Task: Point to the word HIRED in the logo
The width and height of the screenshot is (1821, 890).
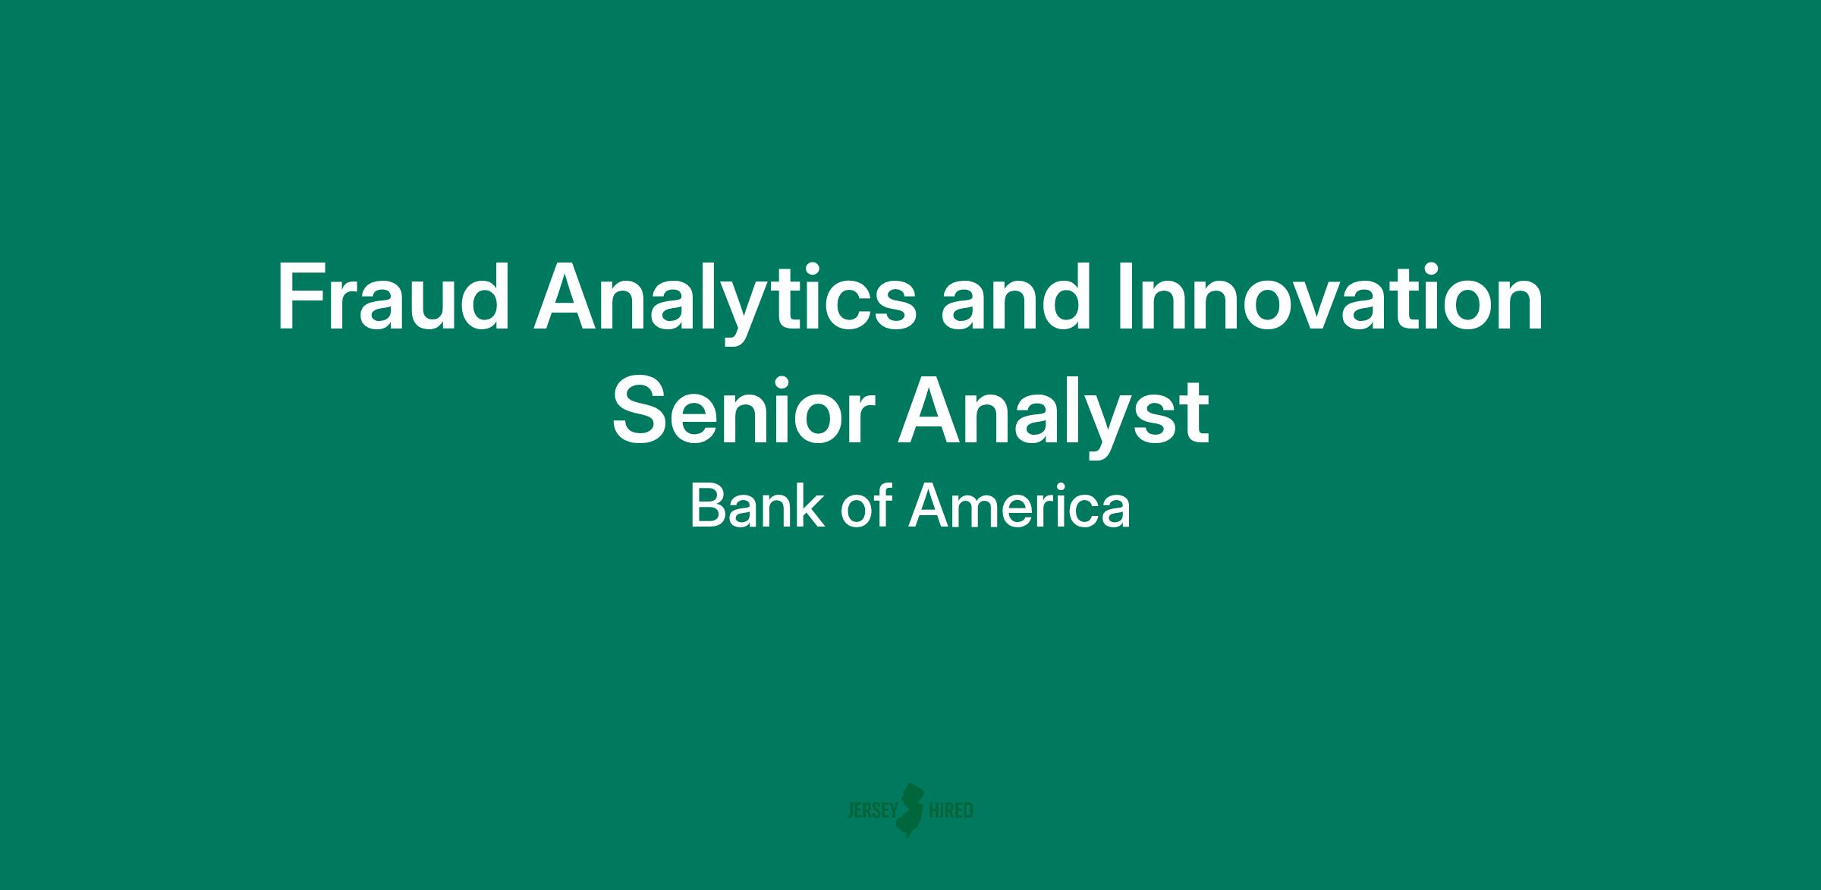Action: pos(951,810)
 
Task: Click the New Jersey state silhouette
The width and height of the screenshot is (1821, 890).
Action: pos(911,810)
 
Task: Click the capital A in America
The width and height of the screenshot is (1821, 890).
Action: pos(929,506)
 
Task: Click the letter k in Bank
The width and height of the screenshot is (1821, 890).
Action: pos(810,506)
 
